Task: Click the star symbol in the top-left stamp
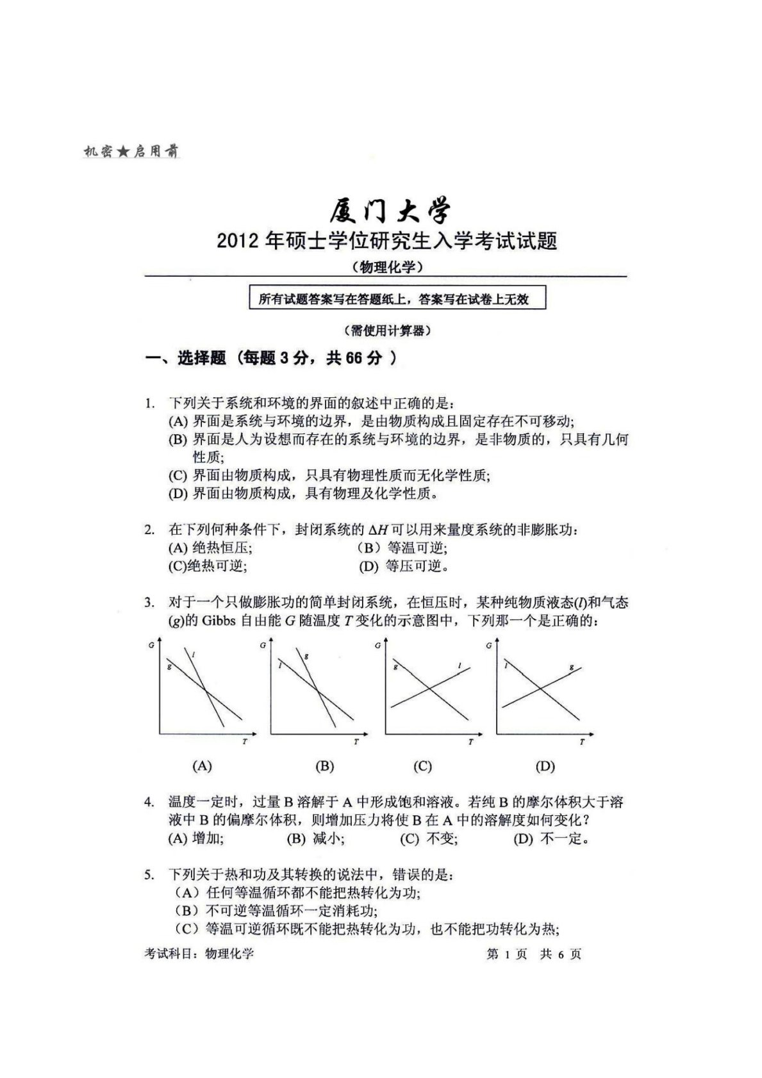[124, 152]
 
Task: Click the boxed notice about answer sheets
[397, 299]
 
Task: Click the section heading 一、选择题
[185, 359]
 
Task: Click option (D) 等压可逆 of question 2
[403, 566]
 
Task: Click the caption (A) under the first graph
[202, 765]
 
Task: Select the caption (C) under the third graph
[422, 766]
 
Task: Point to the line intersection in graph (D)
[541, 689]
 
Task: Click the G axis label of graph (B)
[263, 645]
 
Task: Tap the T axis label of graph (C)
[470, 742]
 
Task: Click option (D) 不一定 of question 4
[551, 838]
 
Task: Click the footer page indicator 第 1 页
[506, 954]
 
